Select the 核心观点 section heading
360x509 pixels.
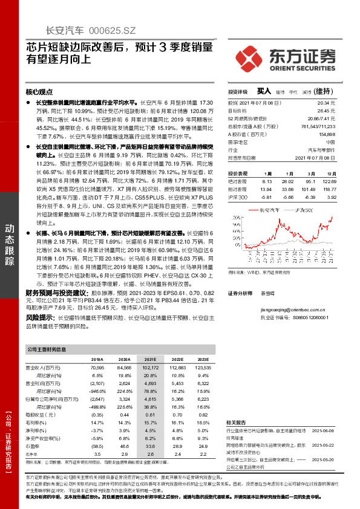point(39,92)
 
